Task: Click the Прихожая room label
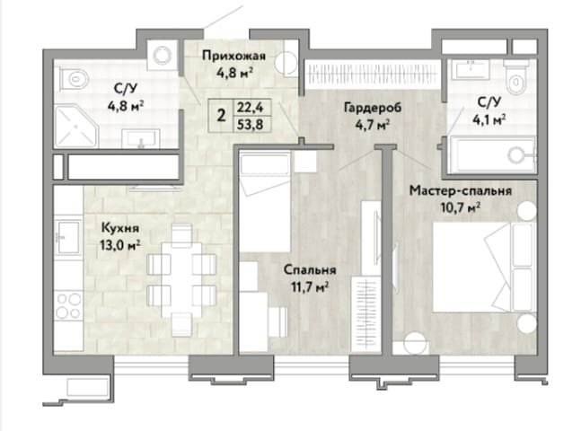(x=233, y=56)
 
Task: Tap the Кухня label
(x=120, y=228)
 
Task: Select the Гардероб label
(x=373, y=108)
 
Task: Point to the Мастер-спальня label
(x=461, y=190)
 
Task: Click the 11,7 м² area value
(x=311, y=286)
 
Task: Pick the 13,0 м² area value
(x=120, y=245)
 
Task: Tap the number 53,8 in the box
(x=251, y=124)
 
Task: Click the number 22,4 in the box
(x=251, y=108)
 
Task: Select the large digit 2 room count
(x=221, y=116)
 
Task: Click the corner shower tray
(x=75, y=127)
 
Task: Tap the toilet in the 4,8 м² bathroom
(x=75, y=79)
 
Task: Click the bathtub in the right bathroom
(x=491, y=154)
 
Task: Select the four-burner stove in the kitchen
(x=68, y=305)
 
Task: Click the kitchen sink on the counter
(x=68, y=237)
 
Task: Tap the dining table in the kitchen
(x=181, y=280)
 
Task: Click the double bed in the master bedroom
(x=484, y=267)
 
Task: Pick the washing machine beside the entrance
(x=162, y=56)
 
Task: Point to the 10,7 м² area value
(x=461, y=207)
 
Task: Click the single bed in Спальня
(x=265, y=202)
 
